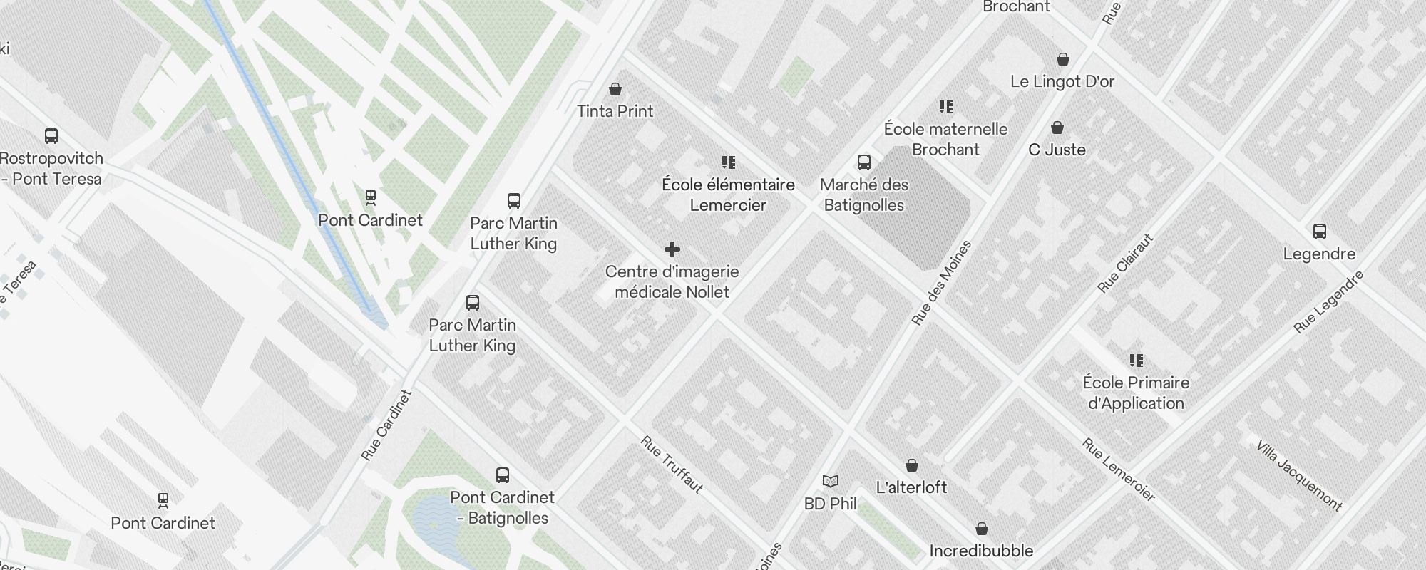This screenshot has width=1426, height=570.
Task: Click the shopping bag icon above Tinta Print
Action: point(615,89)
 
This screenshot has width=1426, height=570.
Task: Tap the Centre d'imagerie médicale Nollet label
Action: point(672,282)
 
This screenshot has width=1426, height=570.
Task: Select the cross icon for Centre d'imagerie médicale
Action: point(672,249)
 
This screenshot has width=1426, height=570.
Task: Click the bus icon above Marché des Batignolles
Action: point(864,162)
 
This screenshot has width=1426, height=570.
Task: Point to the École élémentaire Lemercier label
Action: point(728,195)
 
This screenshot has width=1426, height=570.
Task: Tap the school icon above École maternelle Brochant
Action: point(946,107)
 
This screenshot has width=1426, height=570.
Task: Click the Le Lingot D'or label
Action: point(1062,82)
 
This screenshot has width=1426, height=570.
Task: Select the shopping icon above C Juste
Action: point(1057,128)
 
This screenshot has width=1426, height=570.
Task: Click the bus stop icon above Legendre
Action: point(1319,232)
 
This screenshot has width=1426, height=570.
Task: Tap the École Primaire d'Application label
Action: point(1136,393)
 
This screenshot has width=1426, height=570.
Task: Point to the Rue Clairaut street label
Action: point(1126,263)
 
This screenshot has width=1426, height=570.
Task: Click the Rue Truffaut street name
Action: point(672,465)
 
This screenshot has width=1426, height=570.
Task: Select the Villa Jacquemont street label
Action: point(1299,475)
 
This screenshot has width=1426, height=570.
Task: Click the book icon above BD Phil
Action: point(830,481)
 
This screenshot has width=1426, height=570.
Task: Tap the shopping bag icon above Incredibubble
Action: point(981,529)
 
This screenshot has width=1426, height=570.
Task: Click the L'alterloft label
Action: point(911,487)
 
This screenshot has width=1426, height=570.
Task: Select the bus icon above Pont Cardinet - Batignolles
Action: point(502,475)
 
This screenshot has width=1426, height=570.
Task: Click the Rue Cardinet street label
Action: point(386,425)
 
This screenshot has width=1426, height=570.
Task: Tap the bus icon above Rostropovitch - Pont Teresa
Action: point(51,135)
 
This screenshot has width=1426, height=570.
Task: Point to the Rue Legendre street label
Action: point(1328,302)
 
